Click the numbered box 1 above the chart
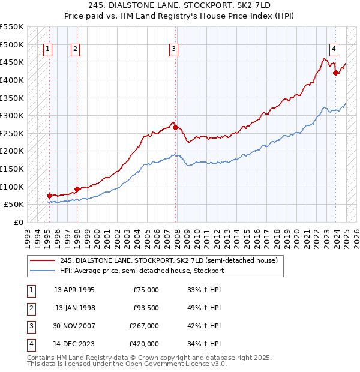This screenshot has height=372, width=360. coord(47,50)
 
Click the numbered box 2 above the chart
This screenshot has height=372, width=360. coord(75,50)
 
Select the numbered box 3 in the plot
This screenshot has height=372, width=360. coord(173,50)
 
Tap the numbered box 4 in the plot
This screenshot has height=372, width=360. coord(333,50)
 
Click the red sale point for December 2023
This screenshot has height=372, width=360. coord(336,73)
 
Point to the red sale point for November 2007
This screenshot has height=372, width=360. coord(175,127)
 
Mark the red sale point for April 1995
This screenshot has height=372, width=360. coord(49,196)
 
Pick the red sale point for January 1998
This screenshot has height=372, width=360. coord(77,189)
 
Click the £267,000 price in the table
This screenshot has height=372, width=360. coord(144,326)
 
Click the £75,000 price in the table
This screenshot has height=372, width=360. coord(146,290)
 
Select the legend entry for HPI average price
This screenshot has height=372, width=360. coord(142,271)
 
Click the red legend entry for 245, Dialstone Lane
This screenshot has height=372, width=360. coord(168,260)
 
